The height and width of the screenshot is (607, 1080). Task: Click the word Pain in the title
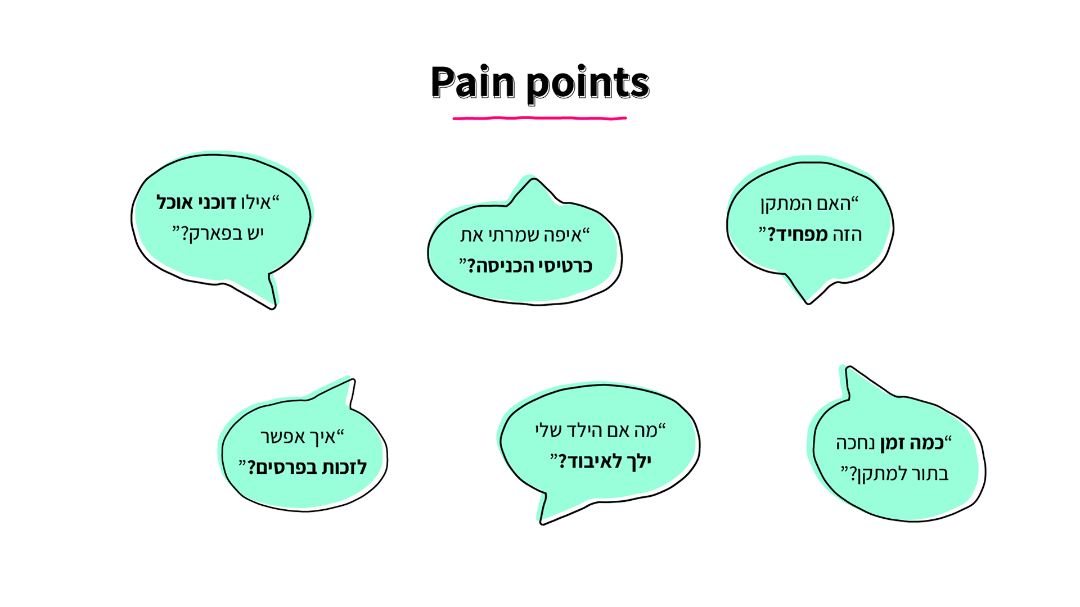(x=472, y=82)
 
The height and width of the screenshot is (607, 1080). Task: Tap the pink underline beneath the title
(x=539, y=118)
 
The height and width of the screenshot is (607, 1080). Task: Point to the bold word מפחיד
(x=798, y=234)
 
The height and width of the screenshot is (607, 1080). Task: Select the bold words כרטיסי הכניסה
(x=531, y=265)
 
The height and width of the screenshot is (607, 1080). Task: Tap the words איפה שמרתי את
(x=521, y=234)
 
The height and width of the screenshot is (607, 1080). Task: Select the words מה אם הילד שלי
(x=596, y=431)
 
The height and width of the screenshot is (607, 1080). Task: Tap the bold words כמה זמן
(x=912, y=443)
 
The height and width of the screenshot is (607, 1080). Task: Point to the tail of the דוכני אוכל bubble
(x=267, y=295)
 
